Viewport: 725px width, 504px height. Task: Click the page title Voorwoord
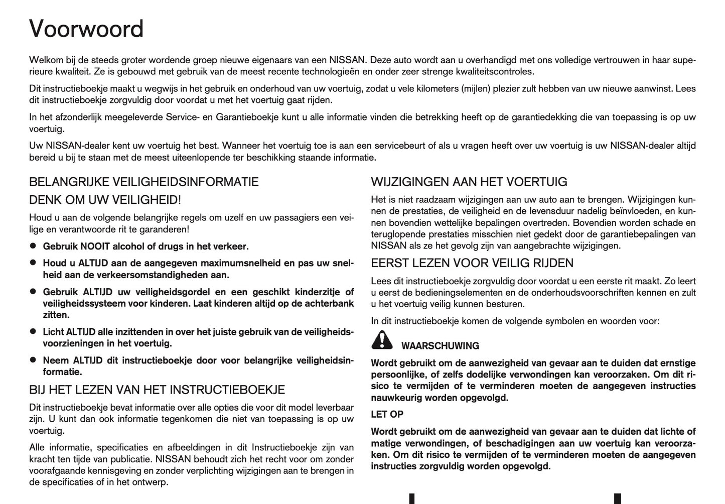[x=86, y=29]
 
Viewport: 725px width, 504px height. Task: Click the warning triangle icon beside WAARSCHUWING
[x=382, y=341]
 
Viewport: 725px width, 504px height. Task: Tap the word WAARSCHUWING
[x=440, y=346]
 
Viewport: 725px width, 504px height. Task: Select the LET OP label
[x=387, y=414]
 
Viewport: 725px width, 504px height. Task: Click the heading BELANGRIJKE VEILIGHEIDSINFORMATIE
[x=144, y=182]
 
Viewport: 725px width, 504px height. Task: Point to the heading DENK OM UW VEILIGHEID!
[x=104, y=200]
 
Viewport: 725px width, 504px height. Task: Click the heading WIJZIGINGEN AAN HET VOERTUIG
[x=469, y=182]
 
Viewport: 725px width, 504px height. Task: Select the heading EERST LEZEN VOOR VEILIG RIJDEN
[x=472, y=263]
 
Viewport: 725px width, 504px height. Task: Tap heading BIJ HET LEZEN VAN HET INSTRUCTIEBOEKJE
[x=157, y=390]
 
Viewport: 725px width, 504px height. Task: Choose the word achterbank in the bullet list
[x=330, y=303]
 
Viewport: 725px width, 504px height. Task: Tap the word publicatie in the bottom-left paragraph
[x=131, y=459]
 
